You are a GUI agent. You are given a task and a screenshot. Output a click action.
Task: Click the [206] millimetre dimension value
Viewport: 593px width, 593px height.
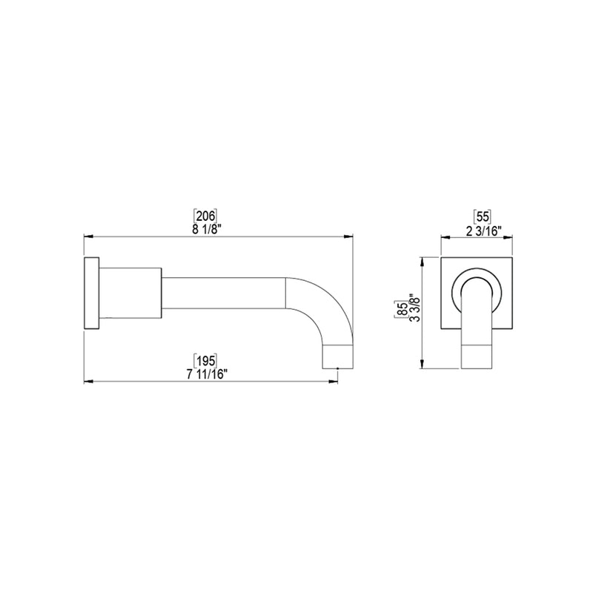pos(205,216)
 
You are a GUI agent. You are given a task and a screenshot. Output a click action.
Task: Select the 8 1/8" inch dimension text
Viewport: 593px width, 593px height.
pos(205,228)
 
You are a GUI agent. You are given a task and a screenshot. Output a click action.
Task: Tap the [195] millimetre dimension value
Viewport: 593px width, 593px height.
pos(205,360)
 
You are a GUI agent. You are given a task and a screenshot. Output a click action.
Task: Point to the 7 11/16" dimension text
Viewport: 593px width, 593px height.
pos(205,373)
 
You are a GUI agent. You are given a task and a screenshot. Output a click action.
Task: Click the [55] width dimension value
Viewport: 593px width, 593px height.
pos(482,216)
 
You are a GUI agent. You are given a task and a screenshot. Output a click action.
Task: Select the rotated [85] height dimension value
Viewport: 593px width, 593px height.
pos(401,311)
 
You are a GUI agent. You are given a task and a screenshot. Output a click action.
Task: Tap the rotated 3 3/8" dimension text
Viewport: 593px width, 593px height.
pos(413,311)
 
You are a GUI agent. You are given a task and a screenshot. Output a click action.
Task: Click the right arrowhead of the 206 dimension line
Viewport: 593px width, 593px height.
pos(348,236)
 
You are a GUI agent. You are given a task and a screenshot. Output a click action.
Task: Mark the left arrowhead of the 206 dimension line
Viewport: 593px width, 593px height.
pos(87,236)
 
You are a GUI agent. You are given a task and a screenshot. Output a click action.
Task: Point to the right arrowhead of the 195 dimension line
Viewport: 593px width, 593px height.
pos(335,382)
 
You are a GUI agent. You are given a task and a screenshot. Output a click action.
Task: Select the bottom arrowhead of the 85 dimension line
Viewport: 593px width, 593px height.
pos(423,365)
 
